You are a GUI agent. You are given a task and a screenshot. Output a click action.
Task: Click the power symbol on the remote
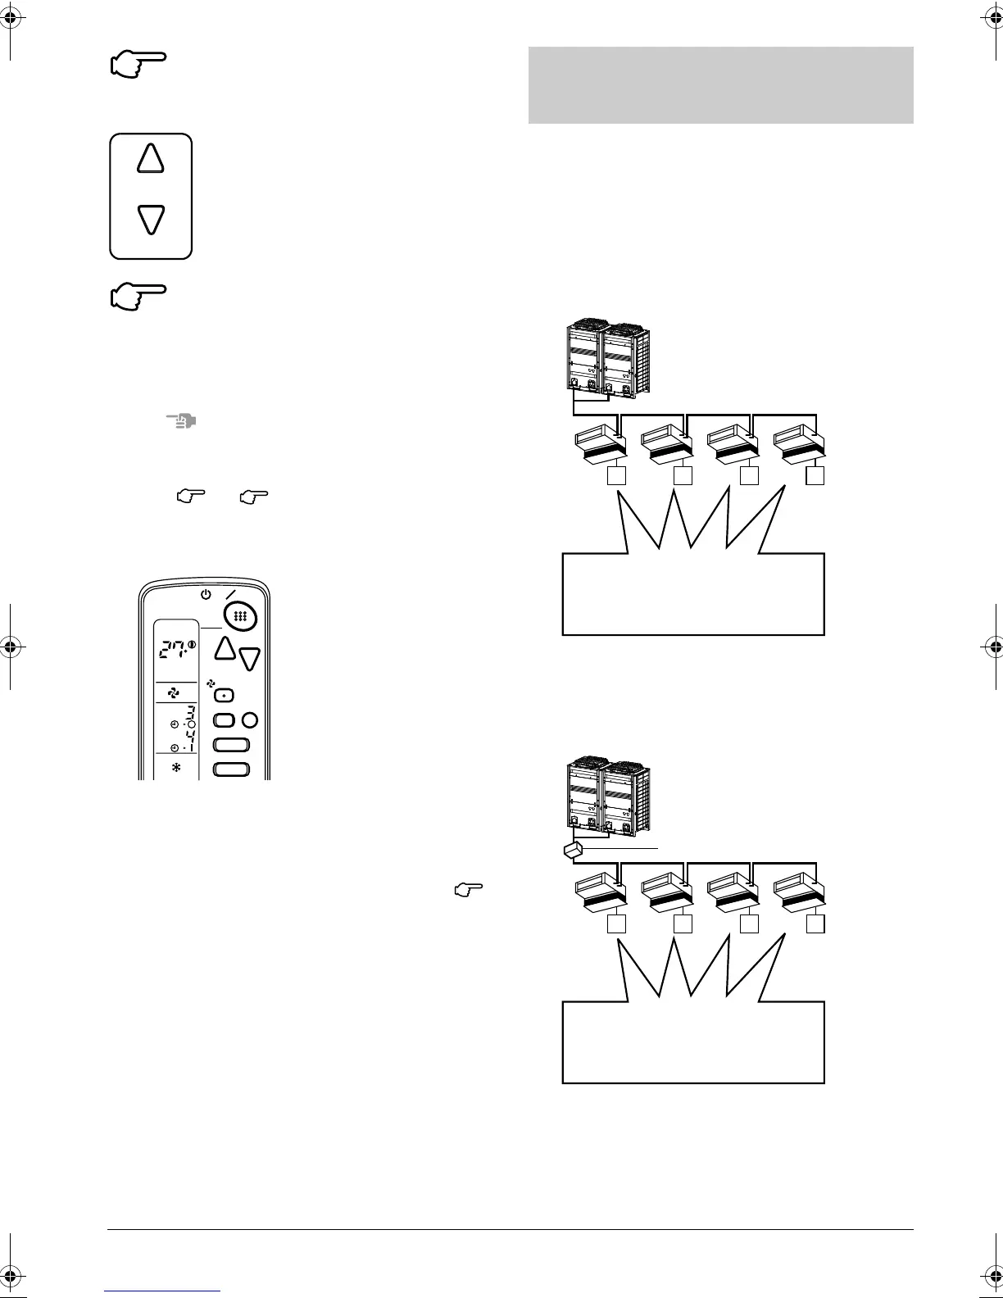coord(206,593)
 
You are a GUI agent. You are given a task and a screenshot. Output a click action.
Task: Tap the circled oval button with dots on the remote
coord(240,616)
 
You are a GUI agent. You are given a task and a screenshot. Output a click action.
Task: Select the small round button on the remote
coord(251,720)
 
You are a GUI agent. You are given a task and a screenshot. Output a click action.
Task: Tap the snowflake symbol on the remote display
coord(175,768)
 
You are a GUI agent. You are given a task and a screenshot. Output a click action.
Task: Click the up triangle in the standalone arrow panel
coord(151,158)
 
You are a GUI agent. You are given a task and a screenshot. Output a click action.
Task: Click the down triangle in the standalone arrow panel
coord(151,219)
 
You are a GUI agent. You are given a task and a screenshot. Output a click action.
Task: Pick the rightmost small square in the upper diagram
coord(815,475)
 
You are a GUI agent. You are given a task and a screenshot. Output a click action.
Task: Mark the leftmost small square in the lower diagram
coord(616,924)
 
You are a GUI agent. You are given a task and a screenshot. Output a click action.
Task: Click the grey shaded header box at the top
coord(720,85)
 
